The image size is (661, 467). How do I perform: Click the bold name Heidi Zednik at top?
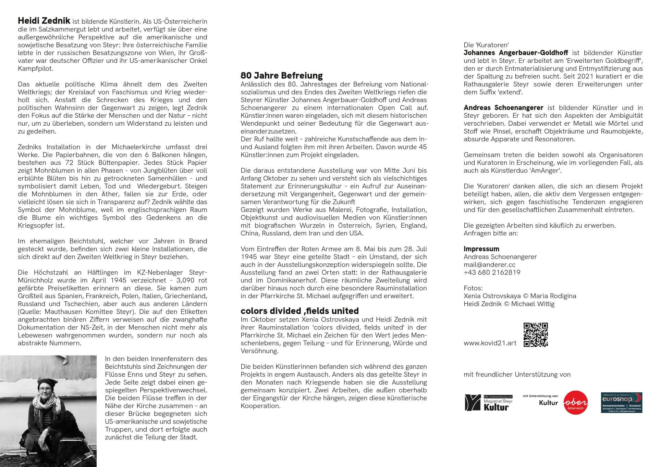click(x=44, y=21)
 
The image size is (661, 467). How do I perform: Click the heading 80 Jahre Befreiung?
click(x=281, y=75)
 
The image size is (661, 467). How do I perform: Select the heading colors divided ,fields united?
click(x=299, y=311)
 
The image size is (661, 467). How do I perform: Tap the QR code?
click(x=536, y=335)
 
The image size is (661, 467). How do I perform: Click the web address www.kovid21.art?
click(x=490, y=343)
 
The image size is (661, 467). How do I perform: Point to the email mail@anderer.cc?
click(x=489, y=265)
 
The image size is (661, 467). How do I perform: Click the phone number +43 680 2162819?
click(x=492, y=273)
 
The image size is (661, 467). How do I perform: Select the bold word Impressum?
click(x=481, y=249)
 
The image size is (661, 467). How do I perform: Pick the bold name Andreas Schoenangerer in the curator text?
click(x=503, y=108)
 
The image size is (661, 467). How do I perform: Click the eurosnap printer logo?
click(x=621, y=403)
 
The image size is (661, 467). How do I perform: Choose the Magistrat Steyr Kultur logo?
click(x=488, y=403)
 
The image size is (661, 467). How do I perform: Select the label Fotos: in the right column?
click(x=473, y=288)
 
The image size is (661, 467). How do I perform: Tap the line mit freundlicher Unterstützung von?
click(x=517, y=375)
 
